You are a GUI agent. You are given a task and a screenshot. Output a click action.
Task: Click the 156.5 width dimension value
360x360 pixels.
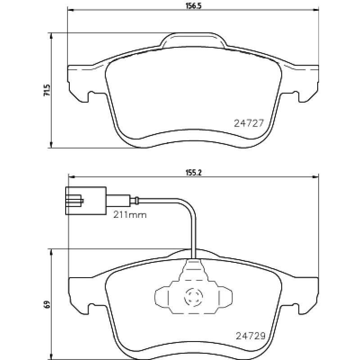point(193,6)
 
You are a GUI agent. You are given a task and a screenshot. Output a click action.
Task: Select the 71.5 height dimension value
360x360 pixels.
point(47,90)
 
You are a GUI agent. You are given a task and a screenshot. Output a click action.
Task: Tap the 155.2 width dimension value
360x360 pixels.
point(193,173)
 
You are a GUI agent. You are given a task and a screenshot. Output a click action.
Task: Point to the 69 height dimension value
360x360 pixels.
point(47,305)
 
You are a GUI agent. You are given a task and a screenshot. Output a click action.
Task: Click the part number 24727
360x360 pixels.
point(249,123)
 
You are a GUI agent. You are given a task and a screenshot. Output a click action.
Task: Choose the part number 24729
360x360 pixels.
point(251,336)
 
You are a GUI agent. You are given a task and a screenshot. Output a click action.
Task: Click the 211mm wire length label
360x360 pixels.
point(130,215)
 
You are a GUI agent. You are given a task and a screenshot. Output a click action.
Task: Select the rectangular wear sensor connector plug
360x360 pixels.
point(86,201)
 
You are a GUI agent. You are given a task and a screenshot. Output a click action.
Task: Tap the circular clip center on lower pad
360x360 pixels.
point(193,297)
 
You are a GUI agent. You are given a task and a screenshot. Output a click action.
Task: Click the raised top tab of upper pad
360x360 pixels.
point(193,40)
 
